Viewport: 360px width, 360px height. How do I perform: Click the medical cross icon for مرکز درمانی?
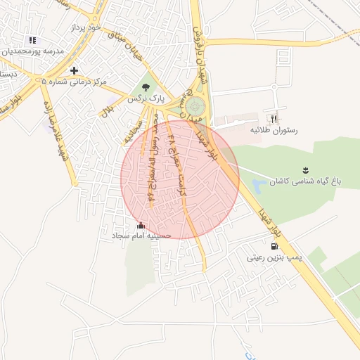click(x=74, y=70)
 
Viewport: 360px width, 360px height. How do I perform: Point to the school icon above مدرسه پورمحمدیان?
click(x=32, y=40)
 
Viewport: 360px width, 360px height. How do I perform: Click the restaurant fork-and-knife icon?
click(x=274, y=118)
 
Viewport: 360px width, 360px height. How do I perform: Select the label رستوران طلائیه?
click(x=274, y=130)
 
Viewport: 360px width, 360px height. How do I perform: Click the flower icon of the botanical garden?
click(x=305, y=170)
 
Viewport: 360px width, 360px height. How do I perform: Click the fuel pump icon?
click(x=274, y=246)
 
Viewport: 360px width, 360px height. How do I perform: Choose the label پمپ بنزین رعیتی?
click(x=274, y=258)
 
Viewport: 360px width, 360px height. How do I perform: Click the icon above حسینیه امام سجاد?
click(x=141, y=225)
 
